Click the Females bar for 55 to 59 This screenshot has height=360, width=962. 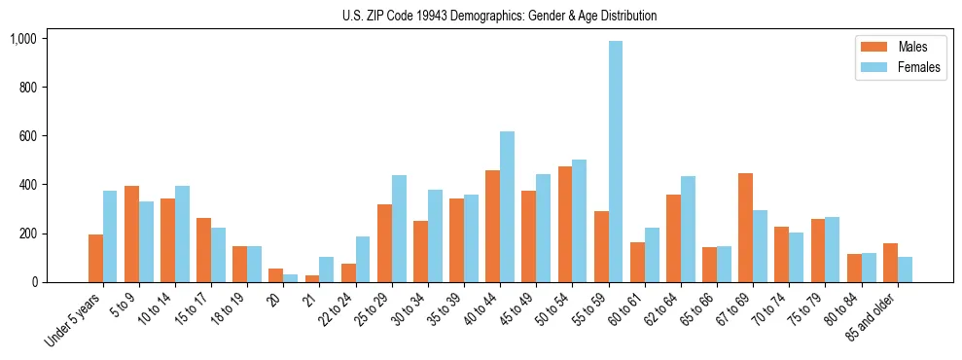click(616, 162)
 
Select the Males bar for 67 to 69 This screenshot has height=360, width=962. click(745, 228)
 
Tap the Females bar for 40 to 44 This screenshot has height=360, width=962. click(507, 206)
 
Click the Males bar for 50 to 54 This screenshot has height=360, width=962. click(565, 224)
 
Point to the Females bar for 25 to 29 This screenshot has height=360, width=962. click(399, 229)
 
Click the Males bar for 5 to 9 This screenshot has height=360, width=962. click(131, 234)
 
